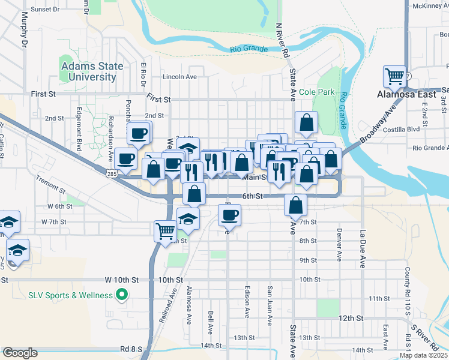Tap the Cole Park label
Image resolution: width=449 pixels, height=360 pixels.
pos(316,92)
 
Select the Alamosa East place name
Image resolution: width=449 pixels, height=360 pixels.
pos(401,94)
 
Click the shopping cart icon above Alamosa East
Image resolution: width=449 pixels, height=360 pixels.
pos(394,76)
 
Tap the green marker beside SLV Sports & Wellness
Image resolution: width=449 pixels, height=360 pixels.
pos(122,295)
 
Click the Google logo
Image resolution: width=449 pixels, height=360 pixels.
pos(20,352)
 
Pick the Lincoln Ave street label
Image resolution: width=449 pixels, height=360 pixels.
pos(179,77)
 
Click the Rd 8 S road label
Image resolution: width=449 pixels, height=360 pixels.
pos(130,348)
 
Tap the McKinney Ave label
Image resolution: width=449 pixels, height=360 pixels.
pos(428,6)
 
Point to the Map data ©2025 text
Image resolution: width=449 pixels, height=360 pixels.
pos(424,355)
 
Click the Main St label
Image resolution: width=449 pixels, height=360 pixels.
pos(255,177)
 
